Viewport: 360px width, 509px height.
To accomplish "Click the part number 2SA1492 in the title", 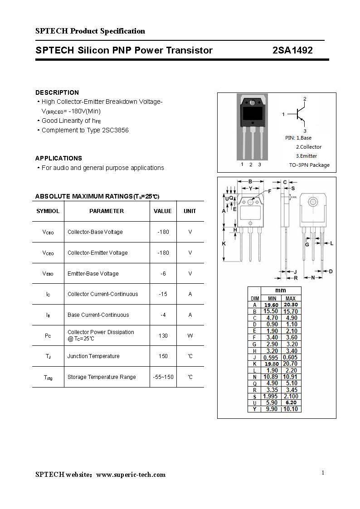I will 292,50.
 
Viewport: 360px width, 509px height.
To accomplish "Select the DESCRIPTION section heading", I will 57,92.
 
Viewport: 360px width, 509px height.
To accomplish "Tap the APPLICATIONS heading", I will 58,158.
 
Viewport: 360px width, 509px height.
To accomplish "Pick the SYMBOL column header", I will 48,211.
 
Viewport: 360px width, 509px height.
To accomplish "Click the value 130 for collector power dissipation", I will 163,336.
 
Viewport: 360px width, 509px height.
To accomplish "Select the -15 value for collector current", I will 163,294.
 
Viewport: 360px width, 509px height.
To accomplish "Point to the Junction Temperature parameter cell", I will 93,356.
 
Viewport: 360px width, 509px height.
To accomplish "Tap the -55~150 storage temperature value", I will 163,377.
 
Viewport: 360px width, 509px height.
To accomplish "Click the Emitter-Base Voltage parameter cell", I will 93,274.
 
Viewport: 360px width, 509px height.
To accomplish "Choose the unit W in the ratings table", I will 190,336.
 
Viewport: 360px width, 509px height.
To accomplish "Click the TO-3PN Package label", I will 309,165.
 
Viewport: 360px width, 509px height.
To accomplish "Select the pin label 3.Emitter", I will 306,156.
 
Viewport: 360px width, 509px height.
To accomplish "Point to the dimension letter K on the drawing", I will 224,243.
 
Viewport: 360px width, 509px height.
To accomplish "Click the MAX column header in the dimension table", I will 290,298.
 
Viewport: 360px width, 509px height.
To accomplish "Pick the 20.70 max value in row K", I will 290,364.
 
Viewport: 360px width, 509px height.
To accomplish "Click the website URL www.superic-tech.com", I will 131,475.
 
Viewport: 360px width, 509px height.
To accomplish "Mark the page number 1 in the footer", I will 323,473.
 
